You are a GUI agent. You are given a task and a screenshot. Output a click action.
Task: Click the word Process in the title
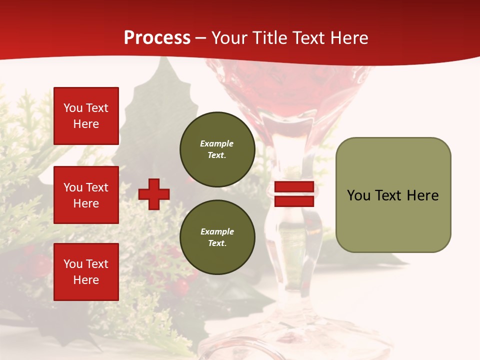pos(157,38)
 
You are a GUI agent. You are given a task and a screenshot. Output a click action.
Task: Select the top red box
pos(86,116)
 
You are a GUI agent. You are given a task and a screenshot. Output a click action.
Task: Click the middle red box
pos(86,195)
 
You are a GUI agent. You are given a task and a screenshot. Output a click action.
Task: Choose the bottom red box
pos(86,272)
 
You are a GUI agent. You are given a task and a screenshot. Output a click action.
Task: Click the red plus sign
pos(154,194)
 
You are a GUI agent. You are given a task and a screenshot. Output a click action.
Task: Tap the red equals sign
pos(294,194)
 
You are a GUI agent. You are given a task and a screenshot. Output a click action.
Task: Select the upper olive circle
pos(217,149)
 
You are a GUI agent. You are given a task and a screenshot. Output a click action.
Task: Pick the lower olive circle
pos(217,237)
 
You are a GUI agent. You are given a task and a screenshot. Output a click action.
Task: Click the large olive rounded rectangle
pos(393,195)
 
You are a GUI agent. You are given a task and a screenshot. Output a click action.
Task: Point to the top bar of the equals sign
pos(294,187)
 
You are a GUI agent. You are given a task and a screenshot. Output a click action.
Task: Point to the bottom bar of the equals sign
pos(294,201)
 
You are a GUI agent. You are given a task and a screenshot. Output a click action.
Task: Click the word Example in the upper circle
pos(217,143)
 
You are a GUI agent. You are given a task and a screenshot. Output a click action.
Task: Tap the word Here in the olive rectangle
pos(422,195)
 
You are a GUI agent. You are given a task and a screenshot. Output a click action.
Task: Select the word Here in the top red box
pos(86,124)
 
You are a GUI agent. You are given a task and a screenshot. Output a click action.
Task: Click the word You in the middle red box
pos(72,187)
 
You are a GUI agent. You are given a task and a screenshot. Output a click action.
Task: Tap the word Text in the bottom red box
pos(97,264)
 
